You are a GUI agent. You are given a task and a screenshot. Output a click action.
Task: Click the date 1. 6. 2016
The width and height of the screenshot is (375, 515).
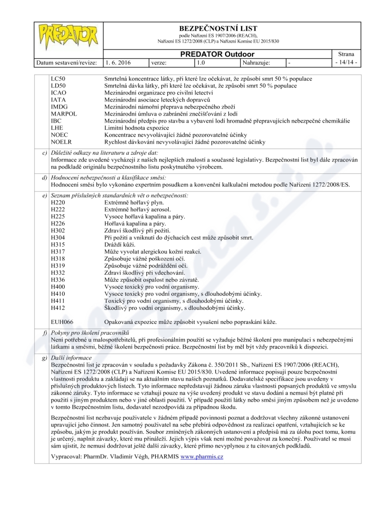[x=118, y=62]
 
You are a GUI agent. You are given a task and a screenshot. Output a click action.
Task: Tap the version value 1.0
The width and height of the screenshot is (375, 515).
[x=201, y=62]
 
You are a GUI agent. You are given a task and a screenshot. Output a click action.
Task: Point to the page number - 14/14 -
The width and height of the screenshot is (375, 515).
[x=346, y=62]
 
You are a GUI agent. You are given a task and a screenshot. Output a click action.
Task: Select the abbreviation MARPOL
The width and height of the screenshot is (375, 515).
[x=64, y=114]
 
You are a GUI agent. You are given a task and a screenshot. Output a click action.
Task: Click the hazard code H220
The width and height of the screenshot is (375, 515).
[x=57, y=203]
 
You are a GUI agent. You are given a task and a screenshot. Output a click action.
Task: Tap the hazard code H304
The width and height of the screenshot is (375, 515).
[x=57, y=238]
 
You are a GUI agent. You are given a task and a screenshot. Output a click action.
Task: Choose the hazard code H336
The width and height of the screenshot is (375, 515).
[x=57, y=280]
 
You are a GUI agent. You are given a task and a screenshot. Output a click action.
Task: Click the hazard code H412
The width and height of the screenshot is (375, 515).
[x=57, y=308]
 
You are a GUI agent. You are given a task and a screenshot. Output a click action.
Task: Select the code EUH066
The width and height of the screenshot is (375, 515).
[x=61, y=322]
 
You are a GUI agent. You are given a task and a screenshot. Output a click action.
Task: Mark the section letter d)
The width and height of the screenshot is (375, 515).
[x=44, y=177]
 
